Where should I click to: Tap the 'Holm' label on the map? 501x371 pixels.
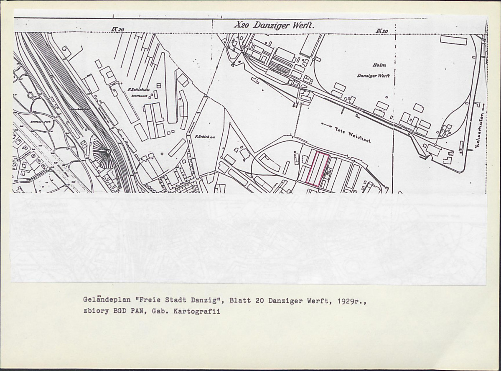point(379,65)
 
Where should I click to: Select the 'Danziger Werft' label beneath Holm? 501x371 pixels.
point(373,76)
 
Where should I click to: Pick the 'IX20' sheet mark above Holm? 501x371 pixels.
point(382,31)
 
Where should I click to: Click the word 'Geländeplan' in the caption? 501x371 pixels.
point(100,300)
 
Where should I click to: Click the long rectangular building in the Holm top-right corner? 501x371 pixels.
point(453,41)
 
